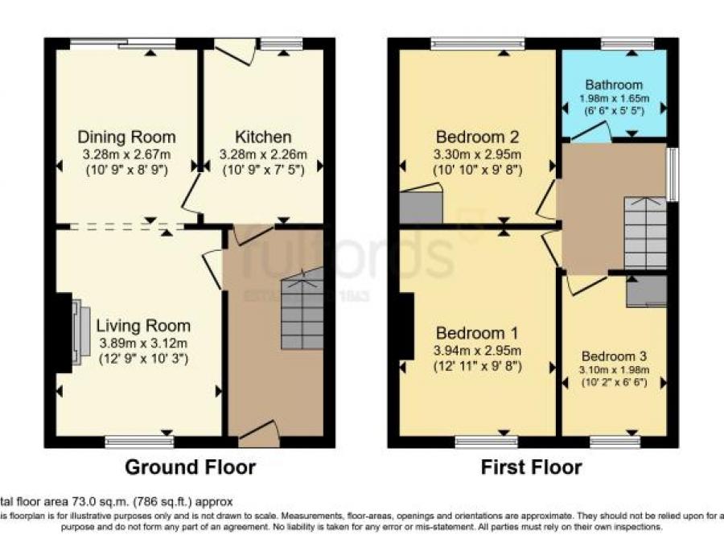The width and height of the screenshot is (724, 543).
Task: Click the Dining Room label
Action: [x=126, y=137]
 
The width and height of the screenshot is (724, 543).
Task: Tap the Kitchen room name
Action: [x=263, y=137]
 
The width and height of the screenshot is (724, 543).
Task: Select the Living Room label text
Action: [x=143, y=326]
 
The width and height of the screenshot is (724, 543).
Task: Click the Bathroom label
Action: [x=614, y=84]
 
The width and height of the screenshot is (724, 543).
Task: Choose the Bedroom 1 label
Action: [x=478, y=333]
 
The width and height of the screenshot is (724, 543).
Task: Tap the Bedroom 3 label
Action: [x=614, y=356]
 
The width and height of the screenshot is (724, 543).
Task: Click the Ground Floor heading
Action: [x=190, y=467]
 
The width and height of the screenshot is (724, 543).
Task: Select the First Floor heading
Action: [x=531, y=467]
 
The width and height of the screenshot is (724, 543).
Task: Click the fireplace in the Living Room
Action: [x=77, y=332]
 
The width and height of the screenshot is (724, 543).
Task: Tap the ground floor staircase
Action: [x=302, y=310]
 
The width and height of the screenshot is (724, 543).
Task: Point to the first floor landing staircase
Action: [x=645, y=233]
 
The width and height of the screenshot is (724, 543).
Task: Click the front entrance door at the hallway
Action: [x=259, y=436]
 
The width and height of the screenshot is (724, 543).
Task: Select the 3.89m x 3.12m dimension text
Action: [x=143, y=343]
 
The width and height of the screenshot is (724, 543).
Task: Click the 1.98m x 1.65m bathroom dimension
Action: [x=614, y=99]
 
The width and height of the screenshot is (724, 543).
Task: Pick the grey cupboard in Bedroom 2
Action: [x=422, y=205]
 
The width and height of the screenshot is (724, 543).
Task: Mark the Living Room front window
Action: [x=139, y=442]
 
